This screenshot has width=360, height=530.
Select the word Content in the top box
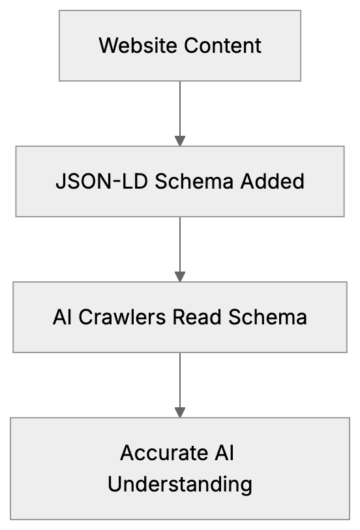(x=222, y=46)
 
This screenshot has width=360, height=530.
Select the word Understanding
(x=180, y=484)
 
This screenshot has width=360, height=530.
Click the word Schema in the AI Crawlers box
(x=267, y=317)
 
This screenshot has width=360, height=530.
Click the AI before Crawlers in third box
(x=63, y=317)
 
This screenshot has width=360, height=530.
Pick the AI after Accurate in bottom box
(x=223, y=453)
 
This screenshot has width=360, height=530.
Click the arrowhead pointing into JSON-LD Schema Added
(x=180, y=141)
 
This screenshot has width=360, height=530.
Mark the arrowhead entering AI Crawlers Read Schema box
(x=180, y=277)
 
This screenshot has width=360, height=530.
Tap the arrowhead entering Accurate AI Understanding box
(x=180, y=413)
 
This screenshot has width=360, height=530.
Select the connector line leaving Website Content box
(x=180, y=108)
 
